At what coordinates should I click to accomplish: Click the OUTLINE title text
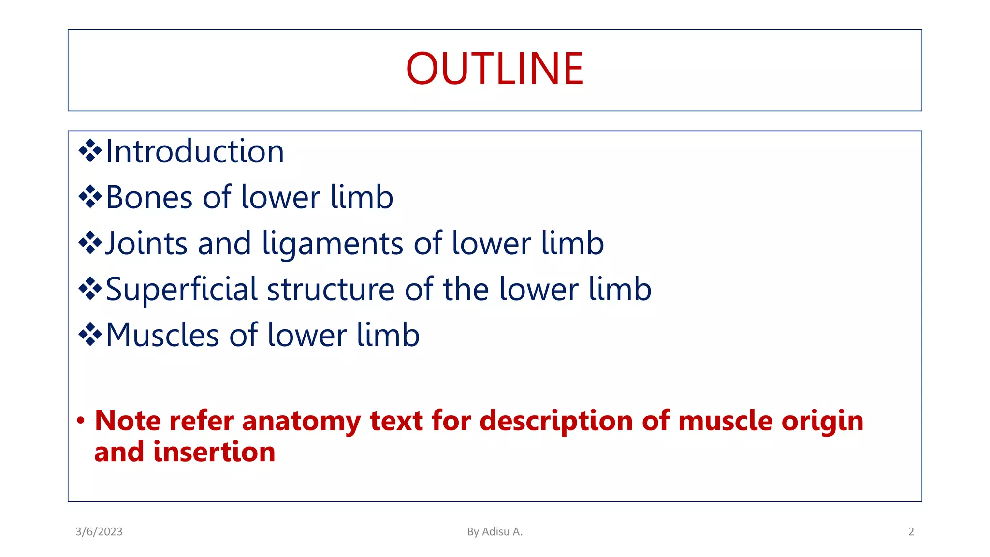(495, 69)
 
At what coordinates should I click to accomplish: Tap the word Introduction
(194, 152)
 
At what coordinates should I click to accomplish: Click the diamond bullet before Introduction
(90, 151)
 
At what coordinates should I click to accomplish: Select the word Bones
(149, 197)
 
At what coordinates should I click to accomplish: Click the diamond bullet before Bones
(90, 197)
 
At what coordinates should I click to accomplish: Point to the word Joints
(146, 243)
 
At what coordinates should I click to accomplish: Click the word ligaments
(332, 244)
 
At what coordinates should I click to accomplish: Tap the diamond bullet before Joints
(90, 243)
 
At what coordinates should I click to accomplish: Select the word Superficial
(181, 289)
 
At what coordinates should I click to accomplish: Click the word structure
(331, 289)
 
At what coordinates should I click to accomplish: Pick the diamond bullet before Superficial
(90, 289)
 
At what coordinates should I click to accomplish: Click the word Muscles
(162, 335)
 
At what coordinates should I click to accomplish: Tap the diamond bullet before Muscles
(90, 335)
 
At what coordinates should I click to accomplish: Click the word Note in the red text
(128, 420)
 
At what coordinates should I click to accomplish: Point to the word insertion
(214, 452)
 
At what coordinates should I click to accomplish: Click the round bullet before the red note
(81, 420)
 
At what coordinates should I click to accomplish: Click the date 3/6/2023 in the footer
(99, 532)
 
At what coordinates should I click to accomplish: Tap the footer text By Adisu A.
(495, 532)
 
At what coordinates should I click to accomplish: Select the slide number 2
(911, 532)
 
